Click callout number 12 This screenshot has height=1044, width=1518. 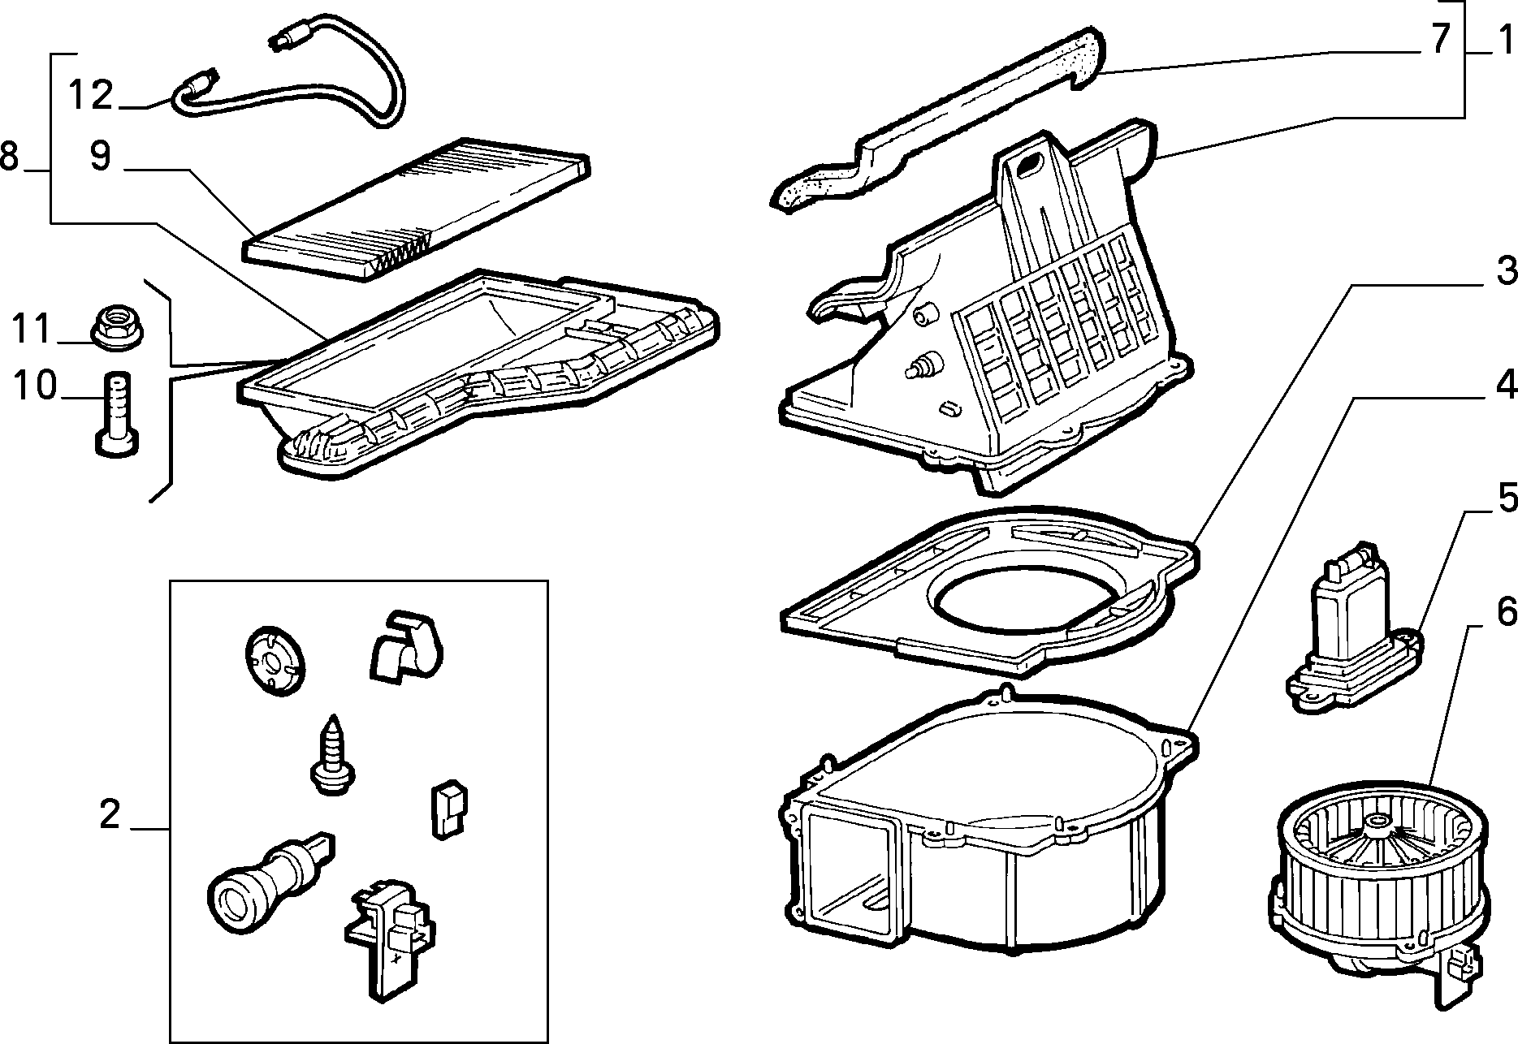click(90, 95)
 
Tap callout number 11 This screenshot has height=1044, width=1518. click(30, 329)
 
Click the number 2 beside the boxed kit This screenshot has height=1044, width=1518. click(110, 813)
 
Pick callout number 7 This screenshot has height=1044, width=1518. click(1440, 38)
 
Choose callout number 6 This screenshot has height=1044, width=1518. click(1506, 613)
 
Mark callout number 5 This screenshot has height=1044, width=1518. click(1506, 498)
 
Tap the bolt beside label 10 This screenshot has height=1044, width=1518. click(119, 412)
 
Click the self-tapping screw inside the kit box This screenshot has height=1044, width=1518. click(331, 756)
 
